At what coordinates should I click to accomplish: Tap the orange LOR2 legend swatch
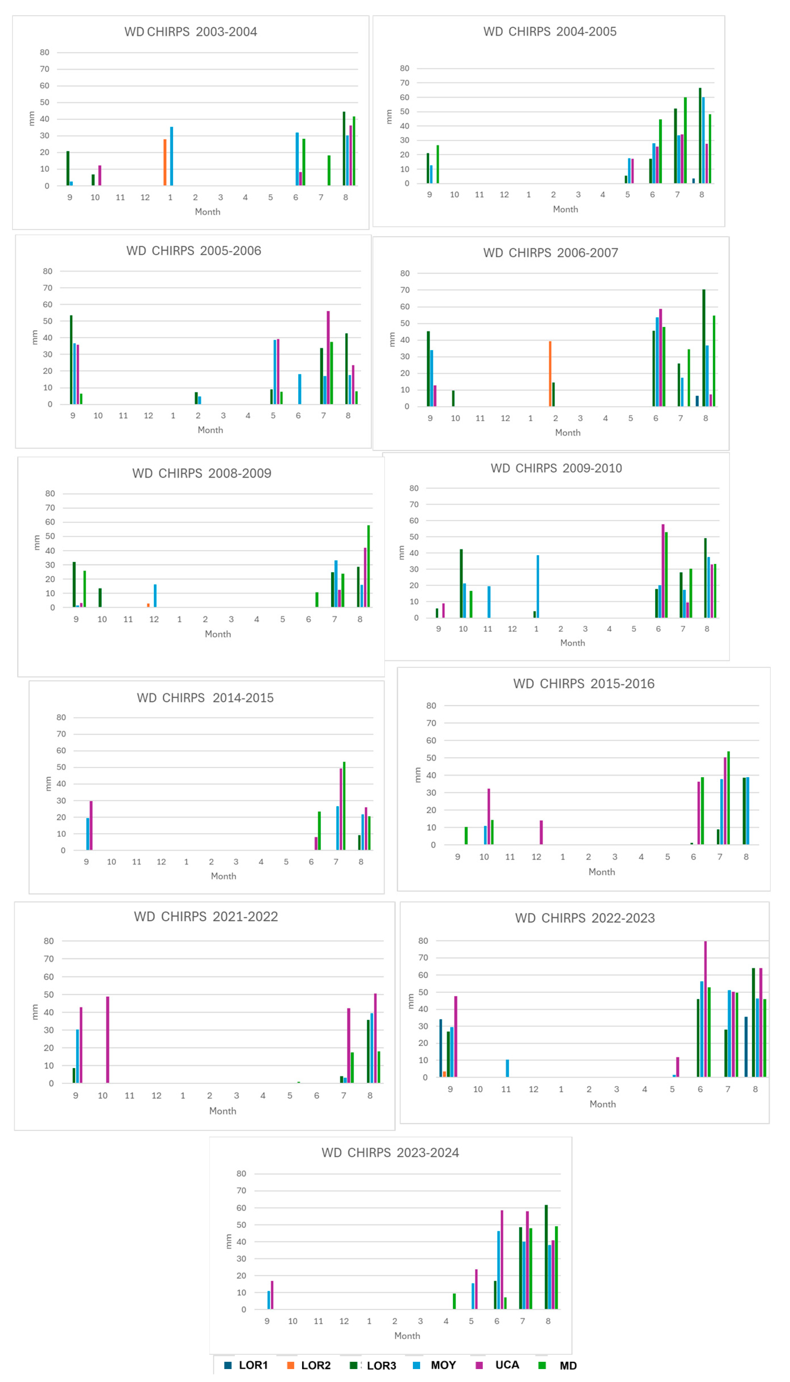291,1365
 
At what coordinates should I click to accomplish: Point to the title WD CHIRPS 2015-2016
584,684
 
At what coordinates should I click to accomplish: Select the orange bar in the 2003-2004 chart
165,163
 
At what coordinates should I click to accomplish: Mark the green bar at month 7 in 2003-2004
329,171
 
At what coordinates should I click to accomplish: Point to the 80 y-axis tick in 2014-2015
61,717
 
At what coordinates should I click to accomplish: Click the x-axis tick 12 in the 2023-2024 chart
344,1321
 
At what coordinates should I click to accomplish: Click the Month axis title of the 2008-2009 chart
218,634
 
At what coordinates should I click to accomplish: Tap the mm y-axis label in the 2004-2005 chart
389,117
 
